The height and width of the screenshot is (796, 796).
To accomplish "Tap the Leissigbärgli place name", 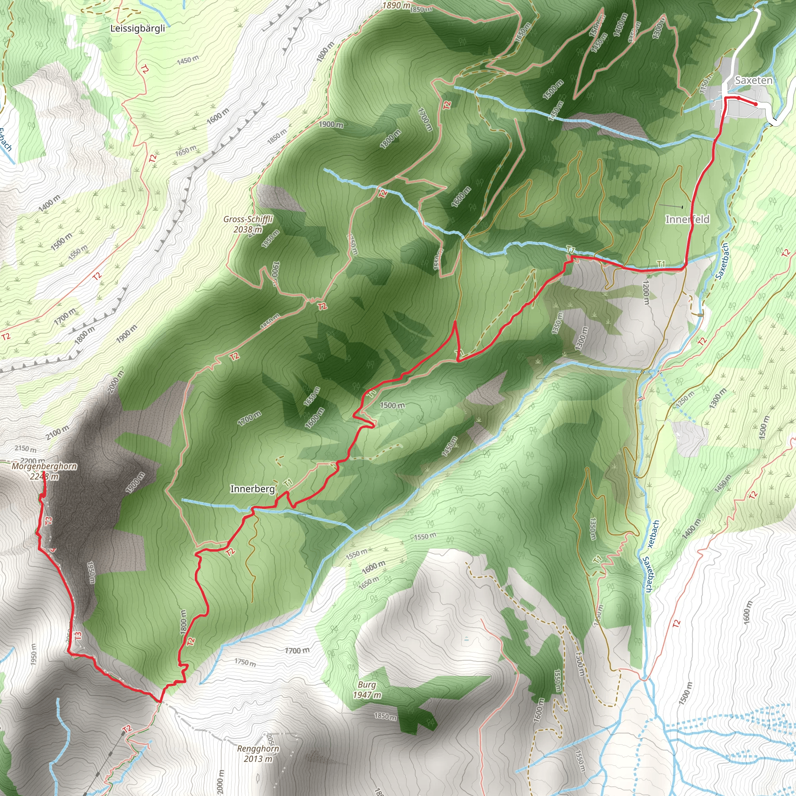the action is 138,28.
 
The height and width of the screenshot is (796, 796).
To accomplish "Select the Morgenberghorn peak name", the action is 44,466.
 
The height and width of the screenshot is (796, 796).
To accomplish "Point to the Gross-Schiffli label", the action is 248,219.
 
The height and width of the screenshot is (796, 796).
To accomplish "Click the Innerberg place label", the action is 252,489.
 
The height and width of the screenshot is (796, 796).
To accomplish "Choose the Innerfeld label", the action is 687,219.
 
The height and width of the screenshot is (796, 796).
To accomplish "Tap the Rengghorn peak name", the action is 258,749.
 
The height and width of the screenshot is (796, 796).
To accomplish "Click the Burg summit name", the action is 366,685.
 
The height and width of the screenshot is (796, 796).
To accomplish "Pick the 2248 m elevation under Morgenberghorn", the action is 44,477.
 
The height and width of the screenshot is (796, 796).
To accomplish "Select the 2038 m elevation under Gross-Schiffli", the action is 248,229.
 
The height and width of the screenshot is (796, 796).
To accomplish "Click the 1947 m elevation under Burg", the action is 367,695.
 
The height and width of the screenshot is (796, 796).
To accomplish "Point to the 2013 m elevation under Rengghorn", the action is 258,759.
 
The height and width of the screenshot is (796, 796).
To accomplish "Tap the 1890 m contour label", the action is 396,5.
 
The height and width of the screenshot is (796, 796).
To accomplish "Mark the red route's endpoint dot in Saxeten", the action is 755,104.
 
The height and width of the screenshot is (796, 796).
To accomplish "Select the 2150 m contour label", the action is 25,449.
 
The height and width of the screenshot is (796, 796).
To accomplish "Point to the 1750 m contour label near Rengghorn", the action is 245,662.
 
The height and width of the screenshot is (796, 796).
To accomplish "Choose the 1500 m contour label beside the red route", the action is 392,405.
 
